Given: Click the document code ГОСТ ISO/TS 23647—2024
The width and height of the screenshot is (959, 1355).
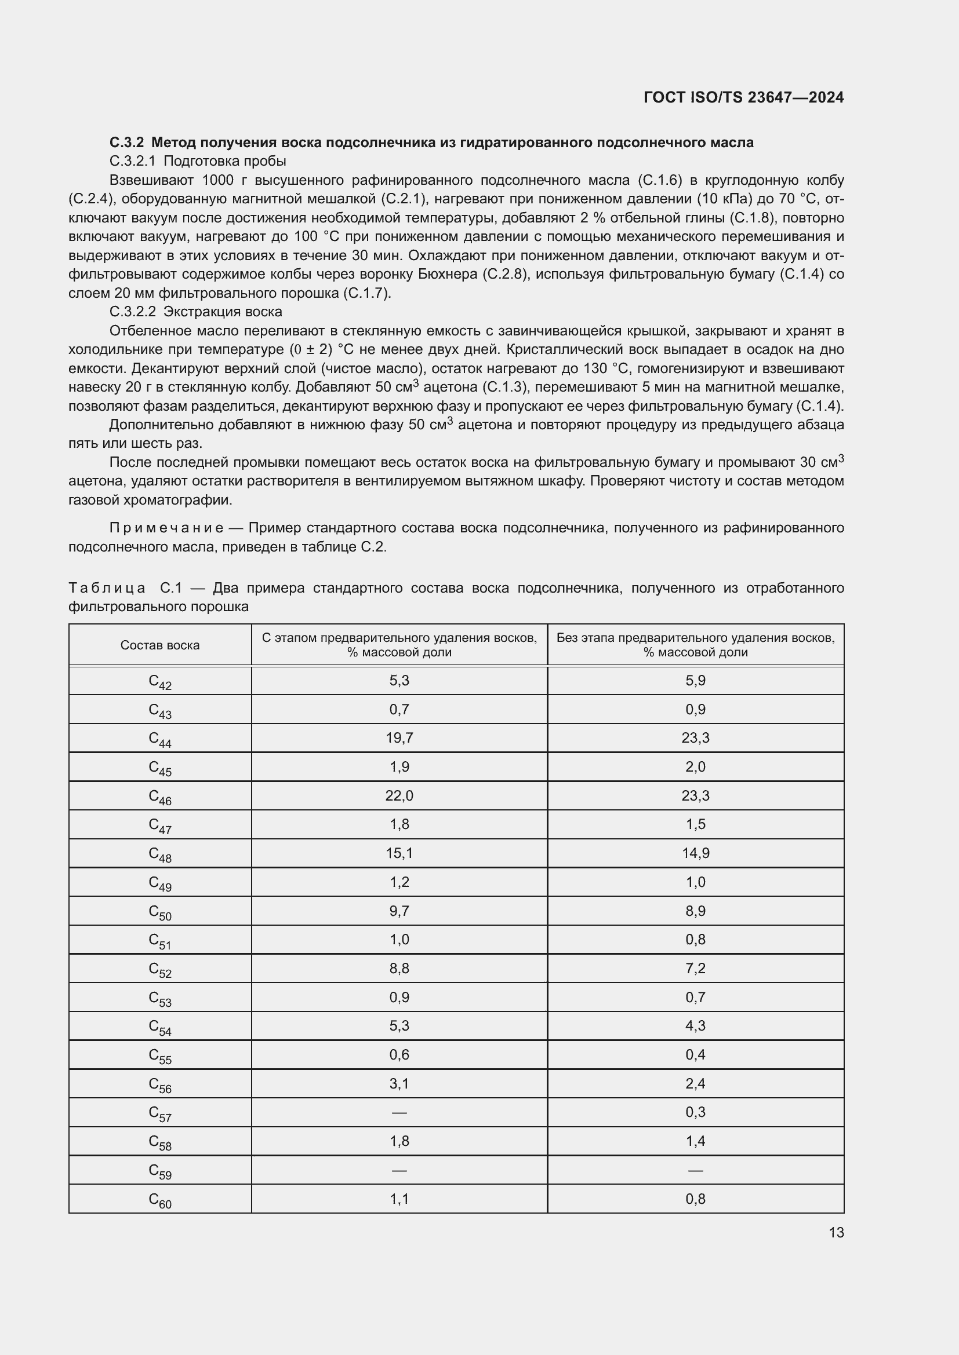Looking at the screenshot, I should pyautogui.click(x=743, y=97).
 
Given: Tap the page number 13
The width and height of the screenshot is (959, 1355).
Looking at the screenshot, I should pyautogui.click(x=836, y=1232).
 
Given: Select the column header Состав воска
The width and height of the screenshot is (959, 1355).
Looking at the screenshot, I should pyautogui.click(x=160, y=645).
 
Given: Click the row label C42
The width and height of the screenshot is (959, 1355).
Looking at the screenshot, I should pyautogui.click(x=160, y=682).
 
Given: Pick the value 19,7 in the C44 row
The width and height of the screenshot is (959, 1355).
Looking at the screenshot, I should pyautogui.click(x=399, y=737).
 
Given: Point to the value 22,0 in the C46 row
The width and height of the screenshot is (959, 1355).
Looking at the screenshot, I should pyautogui.click(x=399, y=795).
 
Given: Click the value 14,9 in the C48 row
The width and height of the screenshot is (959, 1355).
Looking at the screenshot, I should pyautogui.click(x=695, y=853).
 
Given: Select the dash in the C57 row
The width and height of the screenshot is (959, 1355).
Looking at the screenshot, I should pyautogui.click(x=399, y=1112).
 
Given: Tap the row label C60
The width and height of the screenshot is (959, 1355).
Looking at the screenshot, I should pyautogui.click(x=160, y=1200).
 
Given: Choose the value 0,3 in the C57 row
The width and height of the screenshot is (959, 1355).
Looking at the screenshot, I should pyautogui.click(x=695, y=1112).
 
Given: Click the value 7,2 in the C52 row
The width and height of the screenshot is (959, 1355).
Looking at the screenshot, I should pyautogui.click(x=695, y=968).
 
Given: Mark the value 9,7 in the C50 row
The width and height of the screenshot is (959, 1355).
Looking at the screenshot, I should pyautogui.click(x=399, y=911).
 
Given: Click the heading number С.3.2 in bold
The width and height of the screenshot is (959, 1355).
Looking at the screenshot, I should pyautogui.click(x=126, y=143).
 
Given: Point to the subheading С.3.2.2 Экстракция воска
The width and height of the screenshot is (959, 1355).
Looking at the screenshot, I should pyautogui.click(x=195, y=312).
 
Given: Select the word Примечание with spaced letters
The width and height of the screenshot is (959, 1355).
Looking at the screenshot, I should pyautogui.click(x=166, y=528).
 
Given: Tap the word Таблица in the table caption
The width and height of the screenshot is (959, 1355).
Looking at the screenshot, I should pyautogui.click(x=107, y=588).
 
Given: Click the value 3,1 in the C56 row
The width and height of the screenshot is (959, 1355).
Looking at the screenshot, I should pyautogui.click(x=399, y=1083).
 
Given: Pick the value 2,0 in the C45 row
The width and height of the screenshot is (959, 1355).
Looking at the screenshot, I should pyautogui.click(x=695, y=766).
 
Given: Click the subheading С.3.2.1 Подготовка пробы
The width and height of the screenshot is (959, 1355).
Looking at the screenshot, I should pyautogui.click(x=197, y=161).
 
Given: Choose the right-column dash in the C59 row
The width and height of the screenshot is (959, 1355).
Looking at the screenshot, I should pyautogui.click(x=695, y=1170).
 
